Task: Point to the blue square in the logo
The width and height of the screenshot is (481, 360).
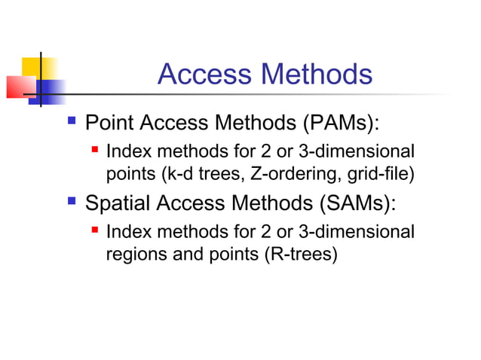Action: coord(47,92)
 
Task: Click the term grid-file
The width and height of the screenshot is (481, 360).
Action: coord(384,175)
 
